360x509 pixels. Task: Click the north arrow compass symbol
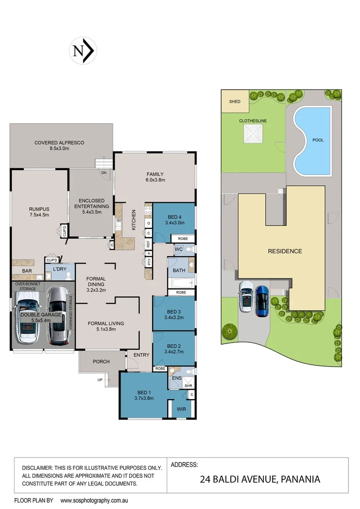click(x=83, y=51)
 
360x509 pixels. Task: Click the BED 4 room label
click(x=173, y=217)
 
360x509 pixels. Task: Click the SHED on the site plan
click(x=235, y=101)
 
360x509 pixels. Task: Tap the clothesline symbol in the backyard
click(x=253, y=134)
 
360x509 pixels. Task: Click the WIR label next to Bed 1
click(x=181, y=410)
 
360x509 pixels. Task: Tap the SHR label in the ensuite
click(x=188, y=386)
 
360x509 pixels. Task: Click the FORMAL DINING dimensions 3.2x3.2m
click(x=96, y=290)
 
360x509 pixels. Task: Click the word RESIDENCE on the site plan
click(x=285, y=251)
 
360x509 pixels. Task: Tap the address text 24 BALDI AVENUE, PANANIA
click(x=260, y=479)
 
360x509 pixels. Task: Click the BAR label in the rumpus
click(x=26, y=271)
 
